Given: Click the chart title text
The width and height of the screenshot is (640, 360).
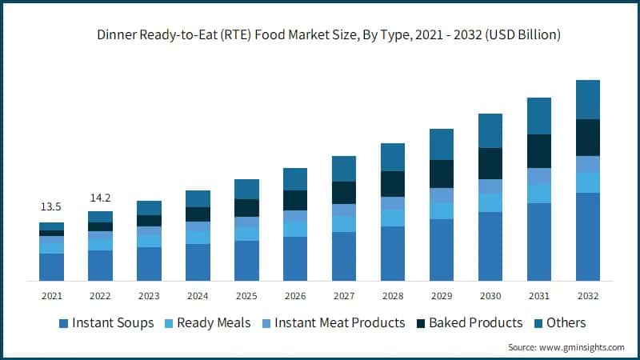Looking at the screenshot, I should tap(328, 35).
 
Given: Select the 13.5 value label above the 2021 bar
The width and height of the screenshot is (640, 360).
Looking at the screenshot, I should tap(52, 207).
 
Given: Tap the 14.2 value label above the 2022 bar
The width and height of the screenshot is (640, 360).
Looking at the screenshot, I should tap(101, 197).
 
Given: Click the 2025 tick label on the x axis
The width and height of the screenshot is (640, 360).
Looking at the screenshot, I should tap(246, 295).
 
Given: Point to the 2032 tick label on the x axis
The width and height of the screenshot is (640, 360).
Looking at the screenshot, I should tap(588, 295).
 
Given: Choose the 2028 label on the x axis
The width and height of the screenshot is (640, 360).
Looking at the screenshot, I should tap(393, 295).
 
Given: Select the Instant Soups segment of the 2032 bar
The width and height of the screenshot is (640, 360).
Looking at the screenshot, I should tap(588, 236).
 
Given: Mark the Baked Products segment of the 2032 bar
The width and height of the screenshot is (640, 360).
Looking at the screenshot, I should tap(588, 138).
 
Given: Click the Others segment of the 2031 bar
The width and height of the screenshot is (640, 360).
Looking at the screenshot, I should tap(539, 116).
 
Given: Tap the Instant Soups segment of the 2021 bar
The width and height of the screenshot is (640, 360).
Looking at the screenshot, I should tap(52, 266).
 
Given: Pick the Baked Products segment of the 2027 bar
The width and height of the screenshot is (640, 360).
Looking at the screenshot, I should tap(344, 193).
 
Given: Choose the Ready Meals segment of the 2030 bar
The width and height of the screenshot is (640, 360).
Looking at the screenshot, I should tap(490, 202).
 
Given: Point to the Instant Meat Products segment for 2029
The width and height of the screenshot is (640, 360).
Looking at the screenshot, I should tap(442, 195).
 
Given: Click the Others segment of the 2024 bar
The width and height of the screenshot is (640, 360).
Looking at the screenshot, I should tap(198, 198).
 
